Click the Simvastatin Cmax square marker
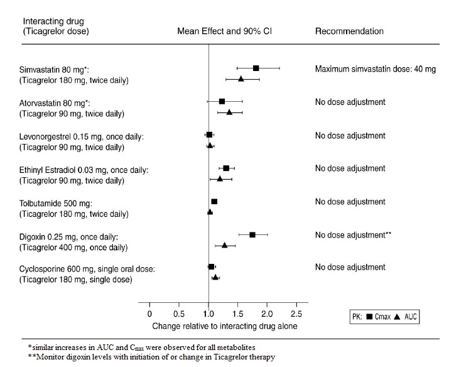[x=256, y=68]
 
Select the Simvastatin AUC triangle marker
[x=241, y=79]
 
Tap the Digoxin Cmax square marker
[x=252, y=234]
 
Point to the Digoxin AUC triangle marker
[x=224, y=245]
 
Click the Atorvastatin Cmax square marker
[x=222, y=101]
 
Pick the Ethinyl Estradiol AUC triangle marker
[x=220, y=178]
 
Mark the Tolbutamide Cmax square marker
[x=214, y=201]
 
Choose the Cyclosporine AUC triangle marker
[x=215, y=277]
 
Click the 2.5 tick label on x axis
[x=296, y=314]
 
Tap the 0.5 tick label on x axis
[x=178, y=314]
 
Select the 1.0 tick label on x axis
[x=208, y=314]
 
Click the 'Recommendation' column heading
[x=349, y=31]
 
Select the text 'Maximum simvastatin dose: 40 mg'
[x=376, y=68]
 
